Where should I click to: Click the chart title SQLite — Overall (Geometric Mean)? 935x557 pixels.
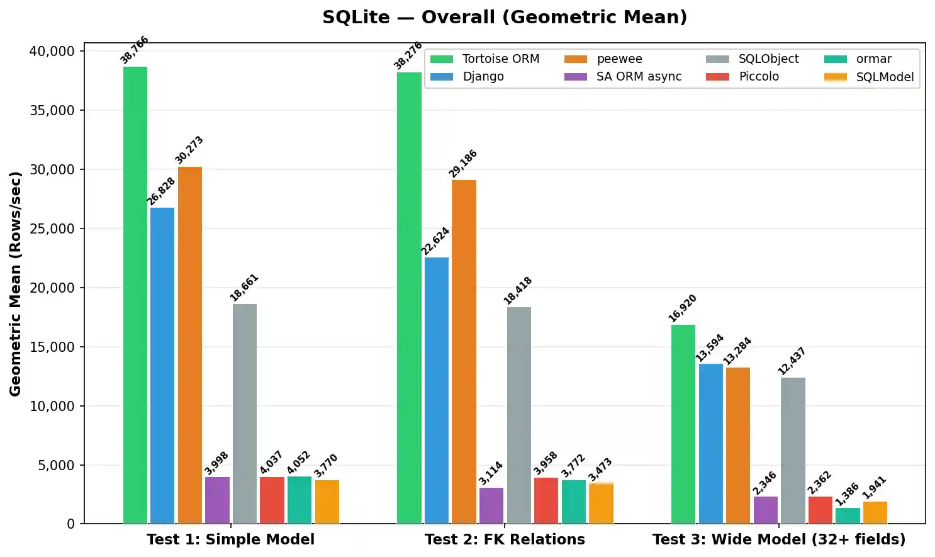pos(505,17)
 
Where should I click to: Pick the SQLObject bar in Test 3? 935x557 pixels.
pos(793,450)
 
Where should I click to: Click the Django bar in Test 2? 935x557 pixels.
pos(437,390)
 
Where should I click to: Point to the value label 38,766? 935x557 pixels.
pos(135,50)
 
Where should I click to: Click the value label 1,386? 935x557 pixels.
pos(847,495)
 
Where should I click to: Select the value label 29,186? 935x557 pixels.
pos(463,164)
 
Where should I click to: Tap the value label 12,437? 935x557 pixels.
pos(792,361)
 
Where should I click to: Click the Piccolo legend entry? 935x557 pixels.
pos(758,77)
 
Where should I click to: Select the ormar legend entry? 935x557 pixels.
pos(873,59)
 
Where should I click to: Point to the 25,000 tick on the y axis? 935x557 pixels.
pos(52,229)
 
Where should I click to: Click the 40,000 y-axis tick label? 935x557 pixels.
pos(52,52)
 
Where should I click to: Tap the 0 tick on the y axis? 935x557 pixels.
pos(70,524)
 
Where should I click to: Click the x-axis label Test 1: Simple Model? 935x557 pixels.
pos(230,539)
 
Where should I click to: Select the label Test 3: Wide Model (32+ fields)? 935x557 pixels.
pos(779,539)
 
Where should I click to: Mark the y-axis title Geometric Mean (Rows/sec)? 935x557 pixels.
pos(16,283)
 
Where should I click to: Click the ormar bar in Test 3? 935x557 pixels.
pos(848,515)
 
